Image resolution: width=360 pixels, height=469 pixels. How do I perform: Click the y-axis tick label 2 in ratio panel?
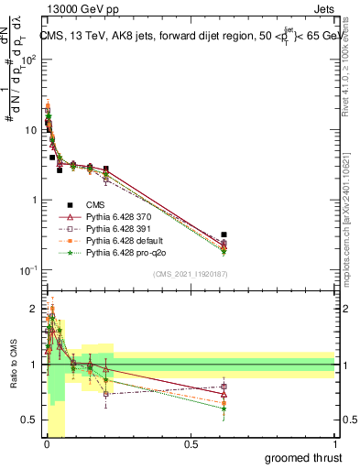coord(34,309)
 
